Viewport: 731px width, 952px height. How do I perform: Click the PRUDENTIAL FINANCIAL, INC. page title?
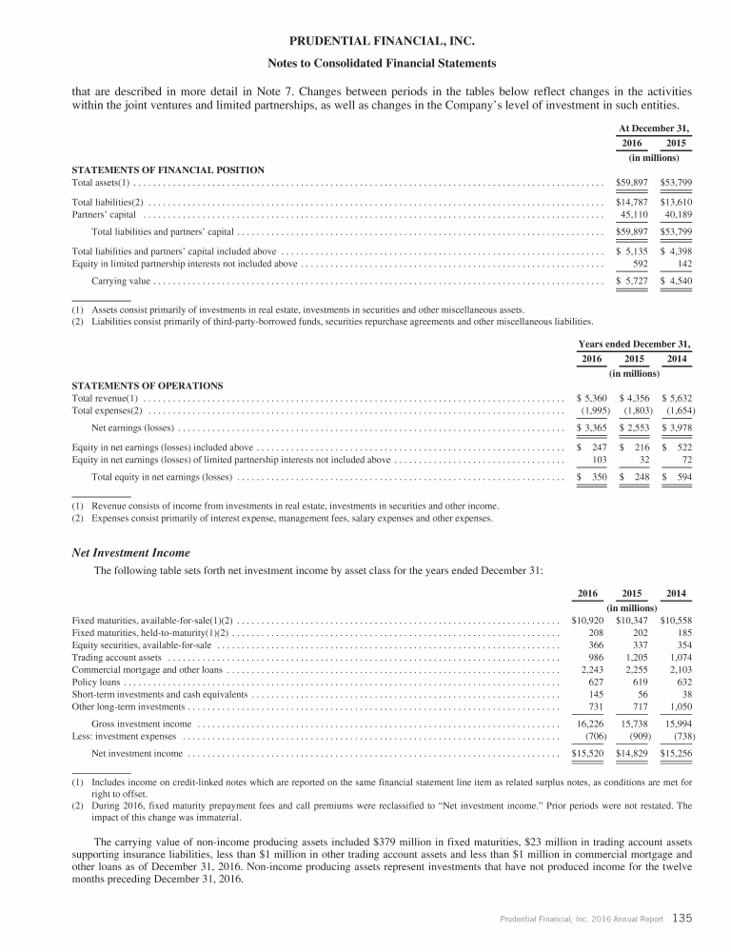click(365, 41)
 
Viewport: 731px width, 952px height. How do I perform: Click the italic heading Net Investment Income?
click(131, 552)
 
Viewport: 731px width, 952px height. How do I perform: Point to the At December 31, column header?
click(653, 129)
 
